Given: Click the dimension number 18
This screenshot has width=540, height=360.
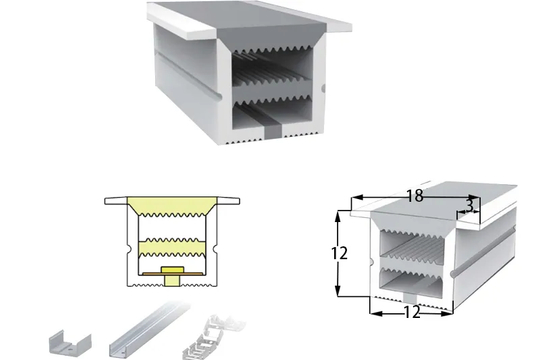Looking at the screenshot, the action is [x=415, y=196].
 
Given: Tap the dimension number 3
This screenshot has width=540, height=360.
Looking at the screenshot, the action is [x=469, y=206].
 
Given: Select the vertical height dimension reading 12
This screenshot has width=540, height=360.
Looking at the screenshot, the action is [x=340, y=254].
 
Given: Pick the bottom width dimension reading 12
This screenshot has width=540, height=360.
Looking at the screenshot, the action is [x=412, y=312].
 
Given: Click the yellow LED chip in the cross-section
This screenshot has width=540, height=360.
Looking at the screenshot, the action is [x=172, y=276].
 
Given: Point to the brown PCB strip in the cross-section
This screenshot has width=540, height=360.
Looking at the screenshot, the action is [x=172, y=274].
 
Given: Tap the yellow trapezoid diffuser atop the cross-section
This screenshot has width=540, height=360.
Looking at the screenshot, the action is [x=171, y=206].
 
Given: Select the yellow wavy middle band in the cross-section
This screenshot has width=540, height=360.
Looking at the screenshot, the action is [x=172, y=247].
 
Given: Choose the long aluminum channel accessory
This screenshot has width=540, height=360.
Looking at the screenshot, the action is [x=148, y=330].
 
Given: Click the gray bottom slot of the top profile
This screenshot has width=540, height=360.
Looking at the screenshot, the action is [x=273, y=131].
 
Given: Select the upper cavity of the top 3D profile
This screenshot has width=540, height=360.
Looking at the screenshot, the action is [x=272, y=68].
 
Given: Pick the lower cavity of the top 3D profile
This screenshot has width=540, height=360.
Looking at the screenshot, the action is [x=272, y=114].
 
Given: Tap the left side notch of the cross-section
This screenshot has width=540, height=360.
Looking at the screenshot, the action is [x=128, y=247].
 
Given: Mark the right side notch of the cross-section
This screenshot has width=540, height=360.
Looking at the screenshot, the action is [x=216, y=247].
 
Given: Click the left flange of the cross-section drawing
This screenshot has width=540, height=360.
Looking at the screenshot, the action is [x=116, y=200].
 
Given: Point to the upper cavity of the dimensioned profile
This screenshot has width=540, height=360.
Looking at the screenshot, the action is [x=413, y=246].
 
